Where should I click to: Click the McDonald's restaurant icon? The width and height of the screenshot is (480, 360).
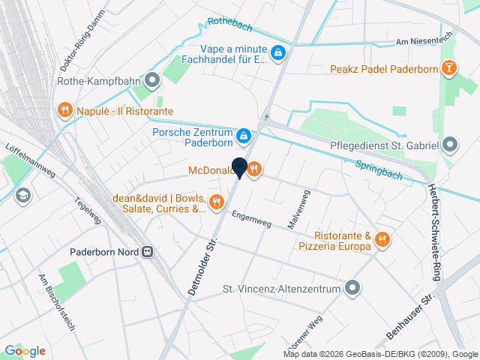(x=254, y=169)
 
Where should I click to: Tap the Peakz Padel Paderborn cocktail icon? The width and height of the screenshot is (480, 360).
(x=449, y=70)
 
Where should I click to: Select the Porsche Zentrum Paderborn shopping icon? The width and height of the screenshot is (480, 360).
(x=243, y=136)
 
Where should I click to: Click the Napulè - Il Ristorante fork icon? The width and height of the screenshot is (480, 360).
(x=64, y=111)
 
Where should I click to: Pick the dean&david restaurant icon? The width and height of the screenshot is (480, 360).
(x=217, y=201)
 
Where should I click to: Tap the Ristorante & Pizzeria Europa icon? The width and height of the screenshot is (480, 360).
(x=382, y=239)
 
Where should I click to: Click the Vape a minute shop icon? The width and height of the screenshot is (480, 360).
(x=277, y=52)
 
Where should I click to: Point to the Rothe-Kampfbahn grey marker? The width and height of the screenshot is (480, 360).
(x=153, y=80)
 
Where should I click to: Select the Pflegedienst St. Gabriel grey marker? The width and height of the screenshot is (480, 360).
(x=450, y=144)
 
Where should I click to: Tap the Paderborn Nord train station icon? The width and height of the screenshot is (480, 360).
(x=148, y=252)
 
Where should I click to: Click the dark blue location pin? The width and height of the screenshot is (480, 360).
(x=239, y=168)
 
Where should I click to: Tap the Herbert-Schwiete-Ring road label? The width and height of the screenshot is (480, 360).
(x=433, y=232)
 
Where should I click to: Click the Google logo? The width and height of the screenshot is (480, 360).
(x=25, y=350)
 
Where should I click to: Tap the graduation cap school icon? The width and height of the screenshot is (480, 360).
(x=23, y=195)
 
